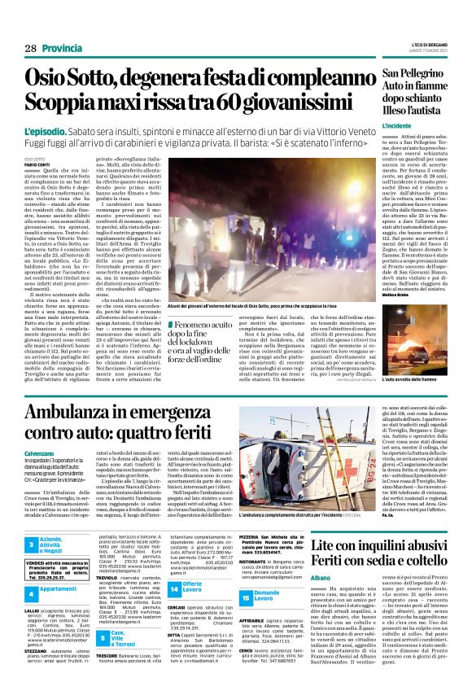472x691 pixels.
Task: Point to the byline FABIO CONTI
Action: click(37, 165)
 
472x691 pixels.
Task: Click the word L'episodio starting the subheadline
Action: click(50, 130)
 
